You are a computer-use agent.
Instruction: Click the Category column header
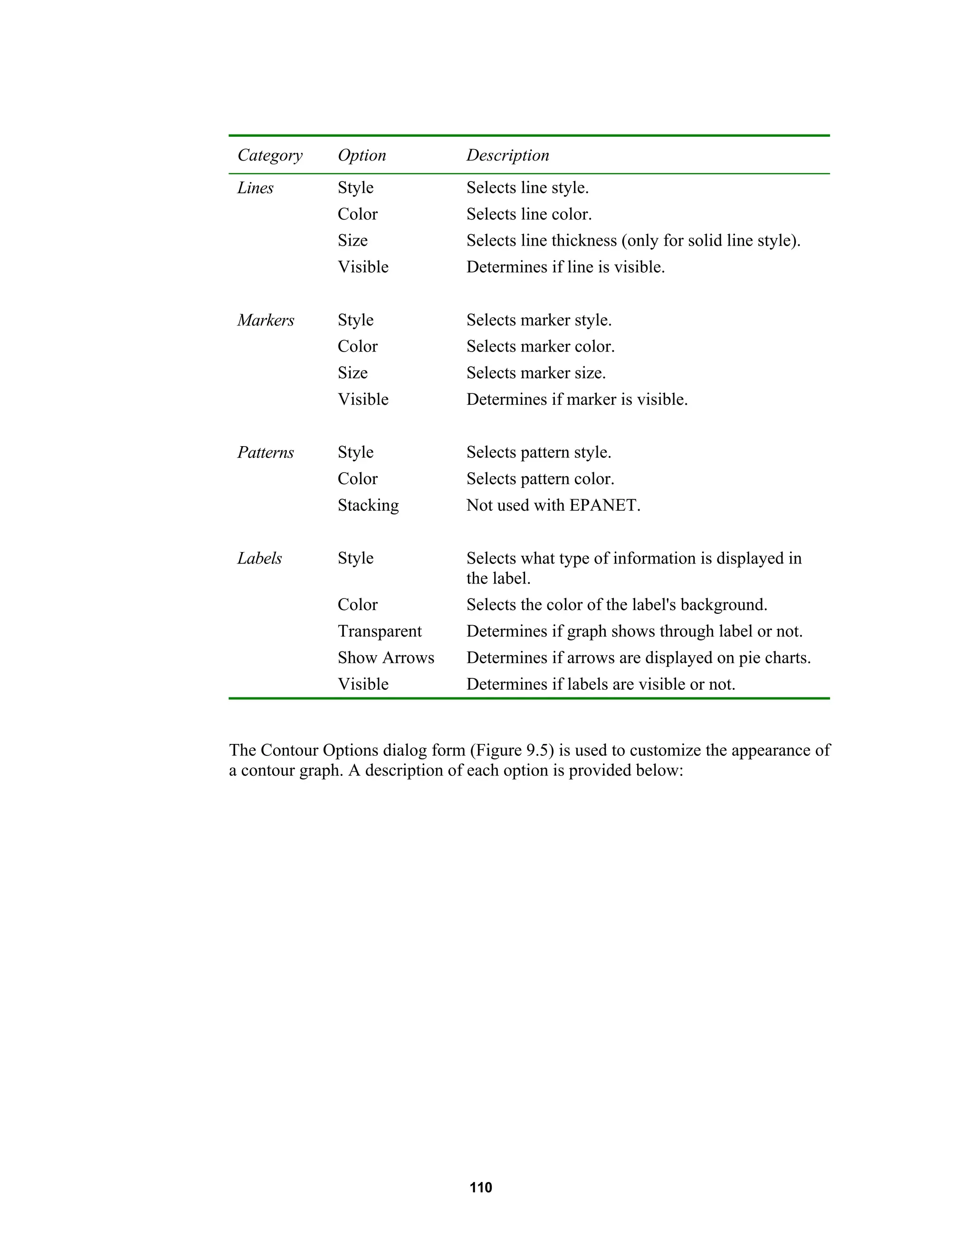270,156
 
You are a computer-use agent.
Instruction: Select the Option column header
362,156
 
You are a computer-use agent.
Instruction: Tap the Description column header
507,156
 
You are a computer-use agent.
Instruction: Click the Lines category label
255,188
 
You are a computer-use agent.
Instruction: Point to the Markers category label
266,321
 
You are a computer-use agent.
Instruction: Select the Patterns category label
265,452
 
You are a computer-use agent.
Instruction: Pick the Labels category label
259,559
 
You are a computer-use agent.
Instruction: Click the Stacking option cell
368,506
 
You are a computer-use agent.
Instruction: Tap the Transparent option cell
379,631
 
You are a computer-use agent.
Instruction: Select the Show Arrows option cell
386,658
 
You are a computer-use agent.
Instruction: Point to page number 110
481,1188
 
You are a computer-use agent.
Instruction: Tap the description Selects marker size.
535,373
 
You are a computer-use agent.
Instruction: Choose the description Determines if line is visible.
565,267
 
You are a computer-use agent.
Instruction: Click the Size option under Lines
352,241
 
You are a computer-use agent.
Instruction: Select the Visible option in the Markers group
362,400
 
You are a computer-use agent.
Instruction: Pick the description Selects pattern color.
540,479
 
